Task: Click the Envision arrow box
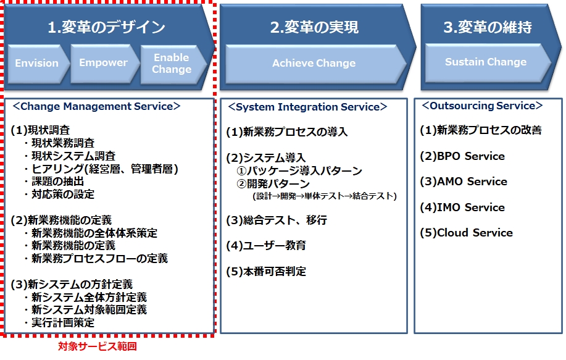[38, 64]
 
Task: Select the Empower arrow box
[104, 64]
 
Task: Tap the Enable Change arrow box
[173, 64]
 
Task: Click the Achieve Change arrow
[315, 64]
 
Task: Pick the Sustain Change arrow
[487, 63]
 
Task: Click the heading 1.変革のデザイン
[107, 27]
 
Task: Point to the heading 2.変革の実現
[314, 27]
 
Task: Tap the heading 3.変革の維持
[488, 27]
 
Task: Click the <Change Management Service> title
[96, 107]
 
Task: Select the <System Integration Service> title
[307, 107]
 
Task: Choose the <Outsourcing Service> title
[482, 106]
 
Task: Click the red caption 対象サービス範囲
[98, 346]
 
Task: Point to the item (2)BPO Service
[462, 156]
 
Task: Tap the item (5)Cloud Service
[466, 233]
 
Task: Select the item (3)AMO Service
[464, 182]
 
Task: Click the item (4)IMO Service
[462, 207]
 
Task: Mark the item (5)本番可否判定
[266, 272]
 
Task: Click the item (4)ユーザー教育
[266, 246]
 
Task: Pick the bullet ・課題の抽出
[54, 182]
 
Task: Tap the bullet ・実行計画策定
[59, 322]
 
